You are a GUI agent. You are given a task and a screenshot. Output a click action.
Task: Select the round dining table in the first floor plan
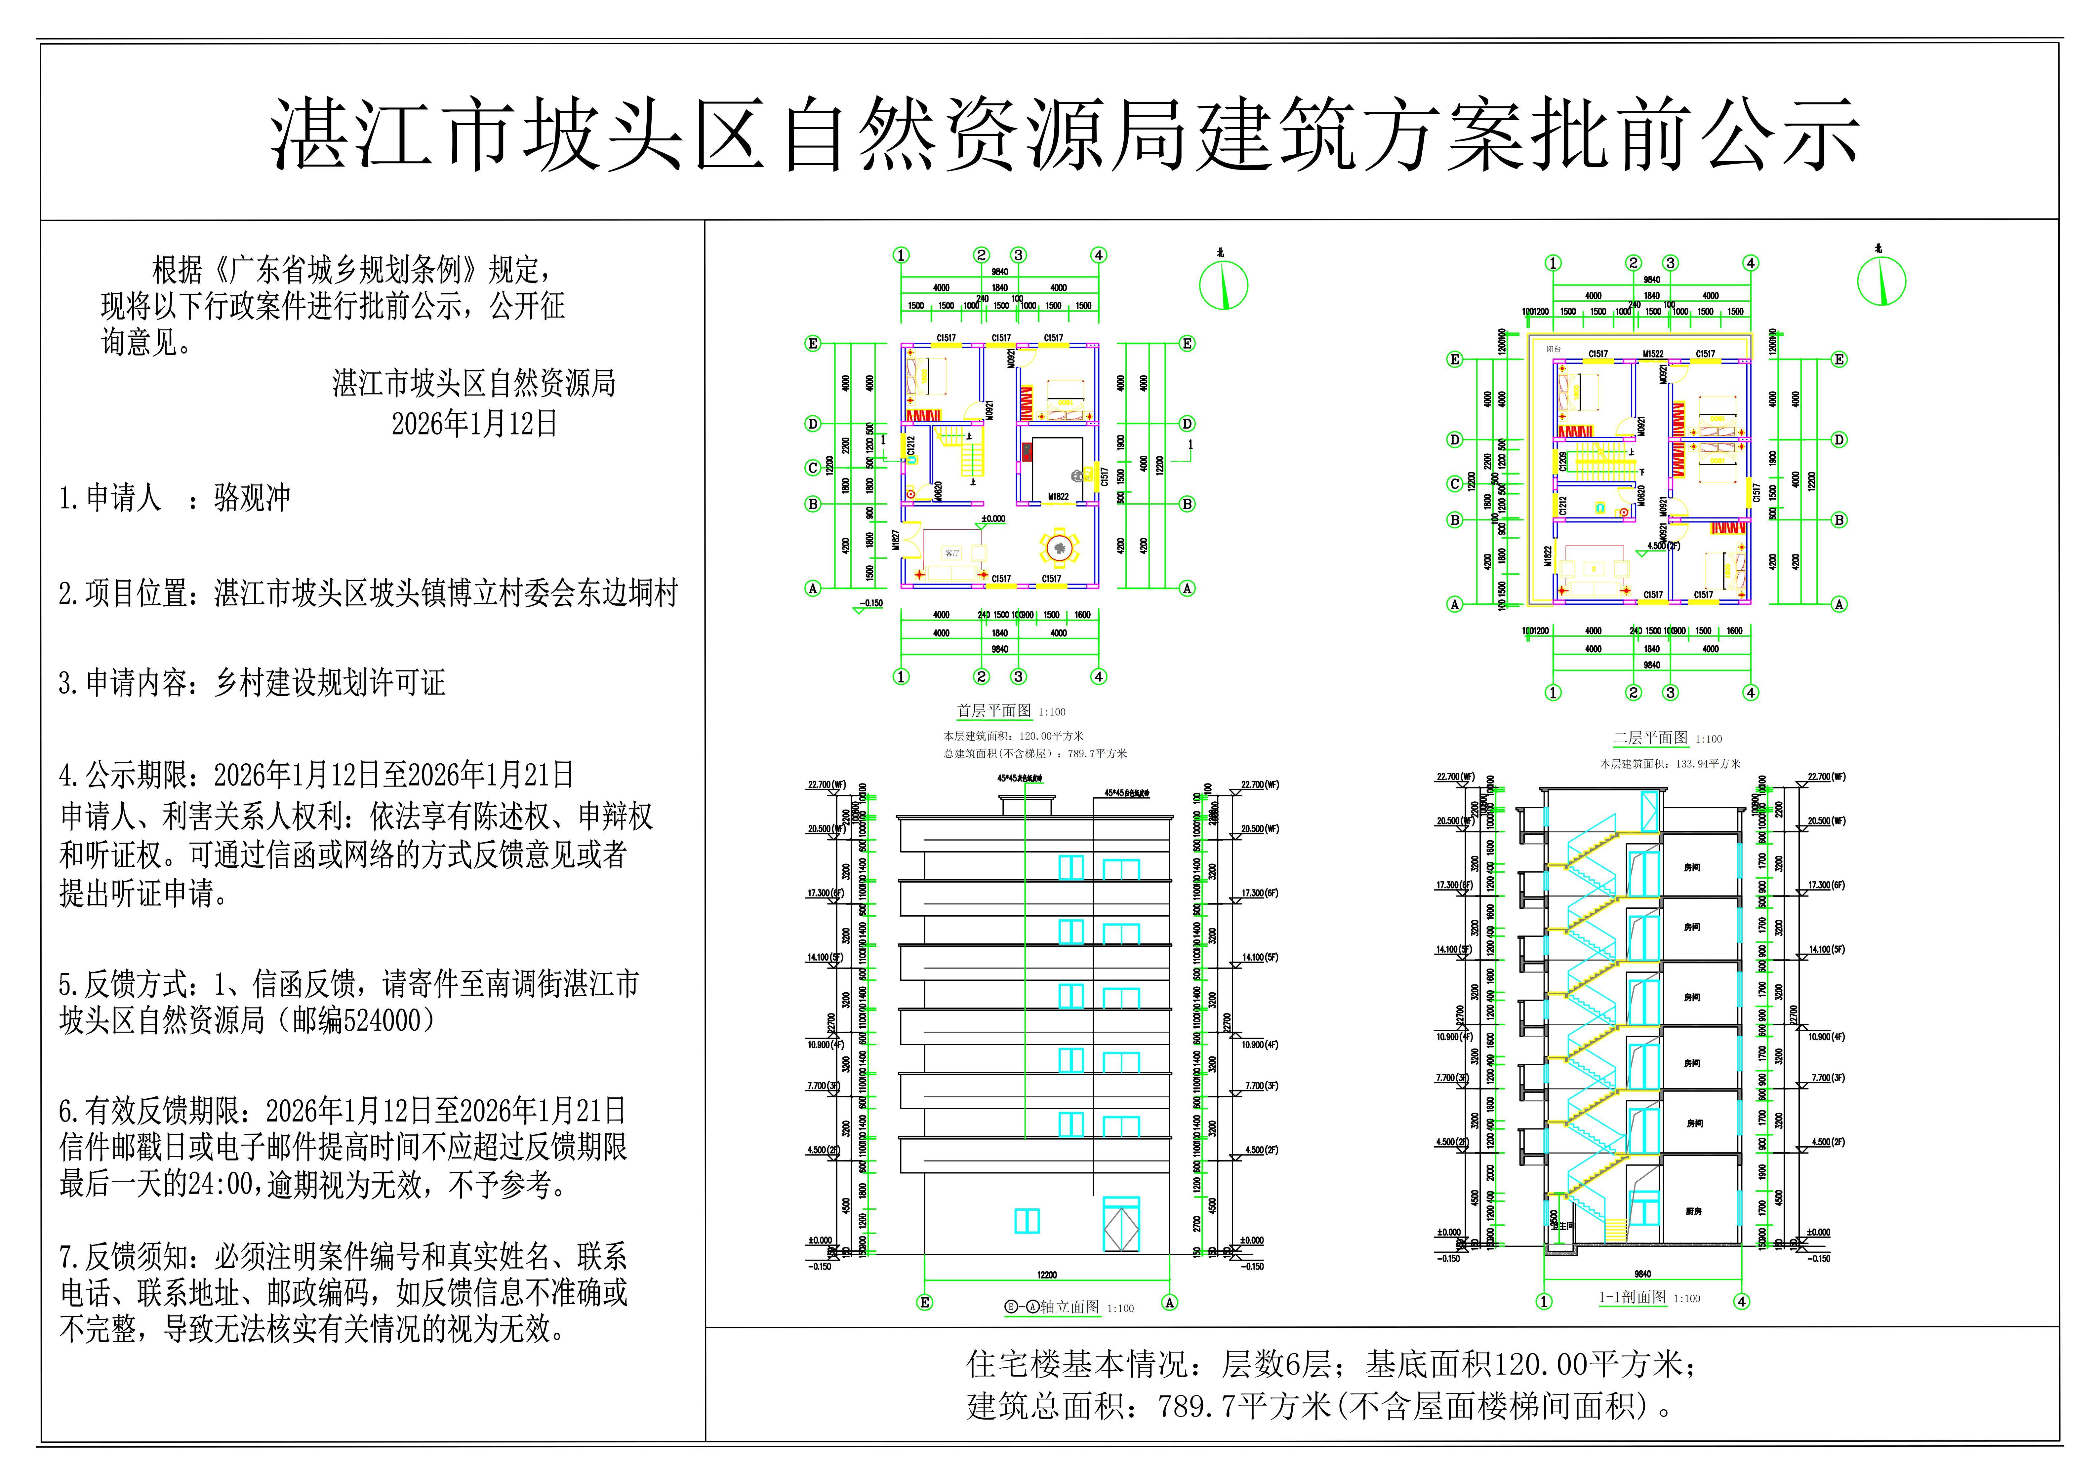pos(1058,548)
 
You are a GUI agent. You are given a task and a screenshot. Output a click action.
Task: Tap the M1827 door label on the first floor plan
pos(896,540)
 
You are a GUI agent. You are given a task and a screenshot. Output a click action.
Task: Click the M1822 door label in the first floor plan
pos(1058,497)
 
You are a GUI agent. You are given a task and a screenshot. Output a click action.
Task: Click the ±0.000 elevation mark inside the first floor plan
pos(992,518)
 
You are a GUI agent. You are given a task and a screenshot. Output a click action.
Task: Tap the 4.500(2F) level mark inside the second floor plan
pos(1663,546)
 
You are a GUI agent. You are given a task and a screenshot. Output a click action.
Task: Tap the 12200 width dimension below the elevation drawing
pos(1046,1275)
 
